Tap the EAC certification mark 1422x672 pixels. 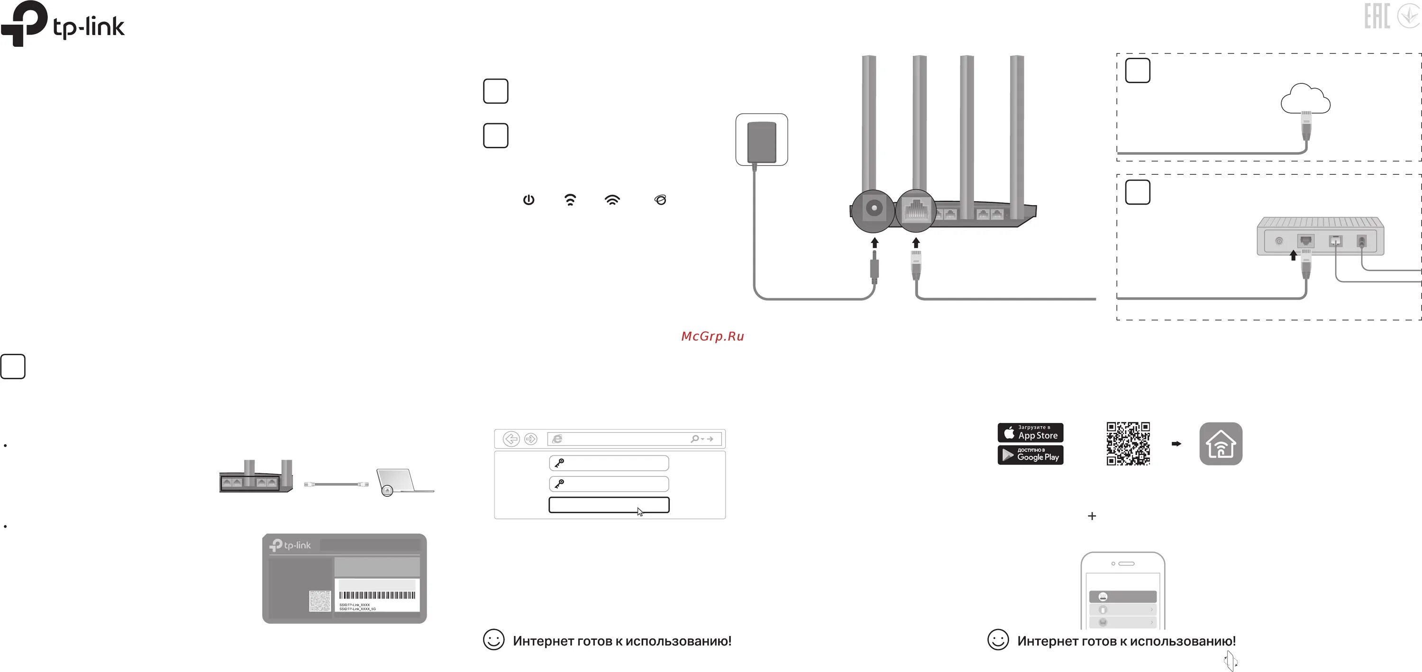coord(1377,16)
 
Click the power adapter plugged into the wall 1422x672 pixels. coord(761,141)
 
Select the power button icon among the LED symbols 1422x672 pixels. coord(529,200)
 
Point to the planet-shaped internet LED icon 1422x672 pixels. coord(660,200)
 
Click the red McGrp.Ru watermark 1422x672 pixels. coord(712,336)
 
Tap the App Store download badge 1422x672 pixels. coord(1030,432)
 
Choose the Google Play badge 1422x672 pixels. coord(1030,455)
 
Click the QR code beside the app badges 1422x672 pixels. coord(1128,444)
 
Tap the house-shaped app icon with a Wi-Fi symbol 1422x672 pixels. coord(1221,444)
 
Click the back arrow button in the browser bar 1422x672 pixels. coord(511,439)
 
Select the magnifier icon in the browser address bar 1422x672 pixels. coord(694,439)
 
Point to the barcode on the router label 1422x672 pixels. coord(377,595)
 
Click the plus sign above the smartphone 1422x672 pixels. coord(1091,516)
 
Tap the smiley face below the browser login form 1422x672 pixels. coord(493,640)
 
